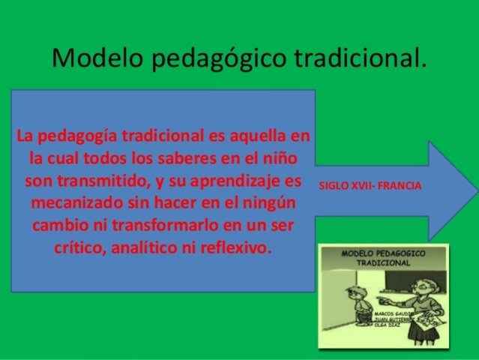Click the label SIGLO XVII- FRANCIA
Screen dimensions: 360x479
point(370,184)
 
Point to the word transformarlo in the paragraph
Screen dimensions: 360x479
point(178,225)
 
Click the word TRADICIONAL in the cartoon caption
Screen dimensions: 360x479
point(383,264)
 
